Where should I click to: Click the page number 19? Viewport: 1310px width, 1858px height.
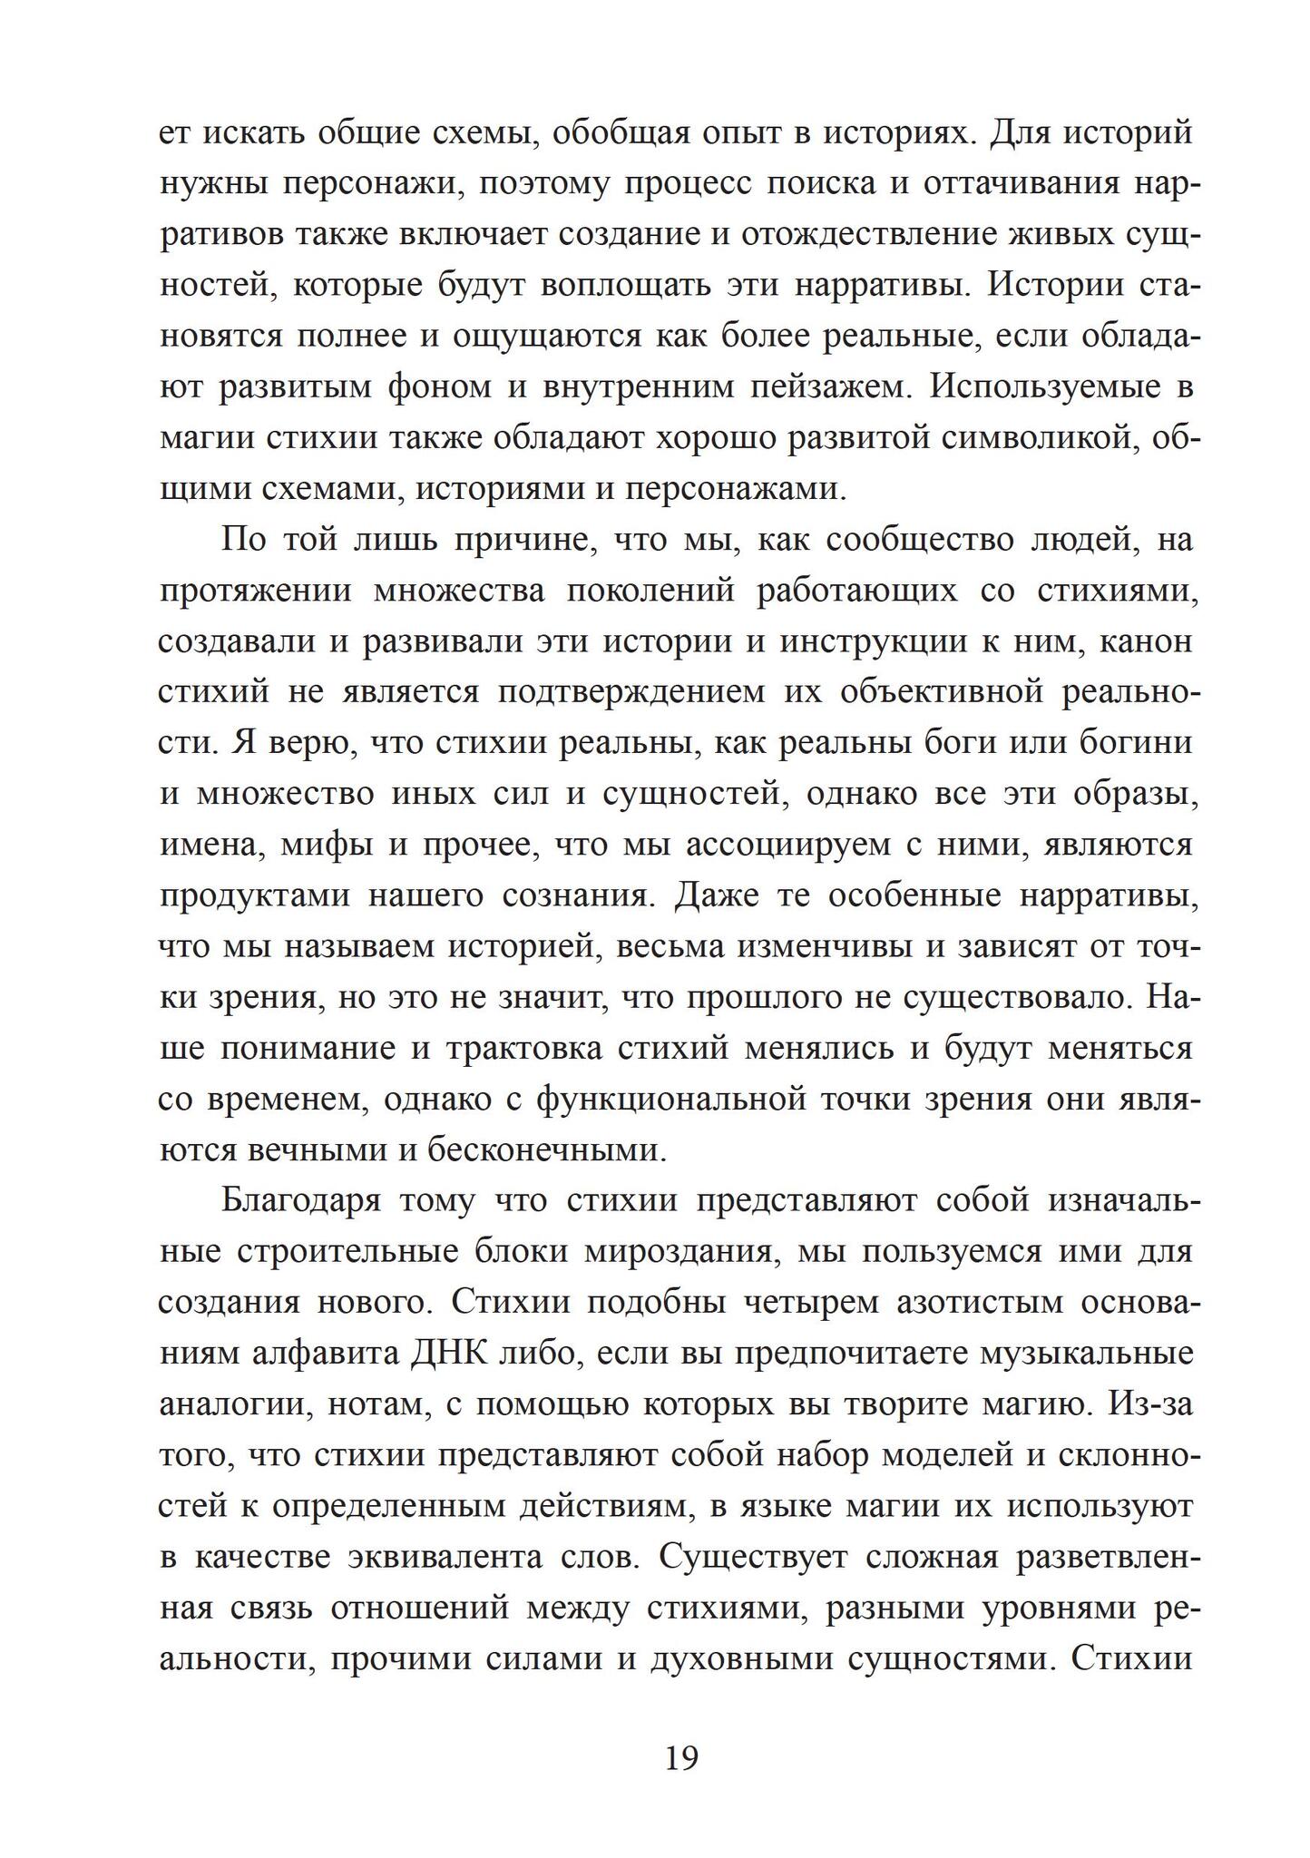pyautogui.click(x=681, y=1757)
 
